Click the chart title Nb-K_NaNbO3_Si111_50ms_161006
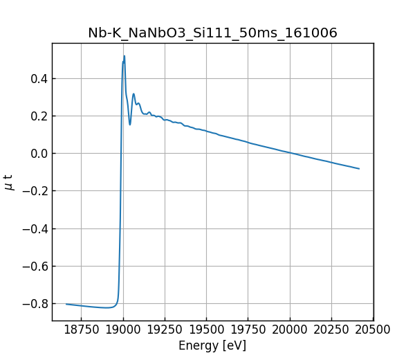pos(212,33)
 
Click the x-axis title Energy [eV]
pos(212,345)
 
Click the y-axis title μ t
pos(9,181)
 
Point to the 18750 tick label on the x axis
pos(81,330)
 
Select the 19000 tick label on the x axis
pos(123,330)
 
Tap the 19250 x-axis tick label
pos(165,330)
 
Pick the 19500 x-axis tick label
pos(207,330)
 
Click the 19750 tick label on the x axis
pos(248,330)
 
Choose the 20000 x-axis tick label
pos(290,330)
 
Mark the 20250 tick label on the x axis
pos(332,330)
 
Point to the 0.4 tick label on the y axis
pos(38,78)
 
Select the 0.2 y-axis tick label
pos(38,116)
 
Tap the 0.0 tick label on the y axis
pos(38,153)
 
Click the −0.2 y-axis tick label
pos(35,191)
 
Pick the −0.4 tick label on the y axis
pos(35,228)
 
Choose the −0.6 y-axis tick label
pos(35,266)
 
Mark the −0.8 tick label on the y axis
pos(35,303)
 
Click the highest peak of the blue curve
pos(124,56)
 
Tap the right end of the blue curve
pos(359,168)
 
